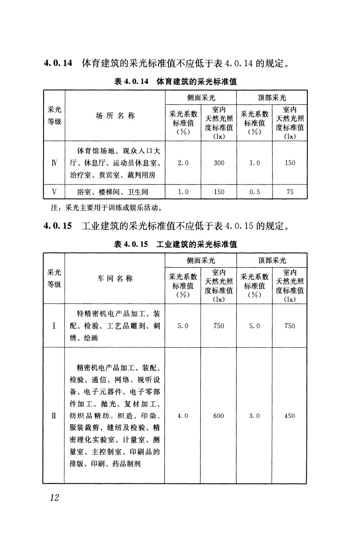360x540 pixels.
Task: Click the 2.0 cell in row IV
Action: tap(183, 163)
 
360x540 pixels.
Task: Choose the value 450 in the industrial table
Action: tap(289, 416)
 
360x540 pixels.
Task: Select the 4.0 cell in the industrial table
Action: tap(183, 416)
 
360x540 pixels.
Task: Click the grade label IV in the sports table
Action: tap(54, 163)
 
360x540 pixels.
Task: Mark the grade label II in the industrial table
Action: tap(54, 416)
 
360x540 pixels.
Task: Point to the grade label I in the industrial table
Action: tap(54, 326)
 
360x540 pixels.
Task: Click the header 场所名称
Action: tap(115, 116)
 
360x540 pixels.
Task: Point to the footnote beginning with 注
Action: tap(104, 207)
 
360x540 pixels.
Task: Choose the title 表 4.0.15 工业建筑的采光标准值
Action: tap(175, 245)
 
